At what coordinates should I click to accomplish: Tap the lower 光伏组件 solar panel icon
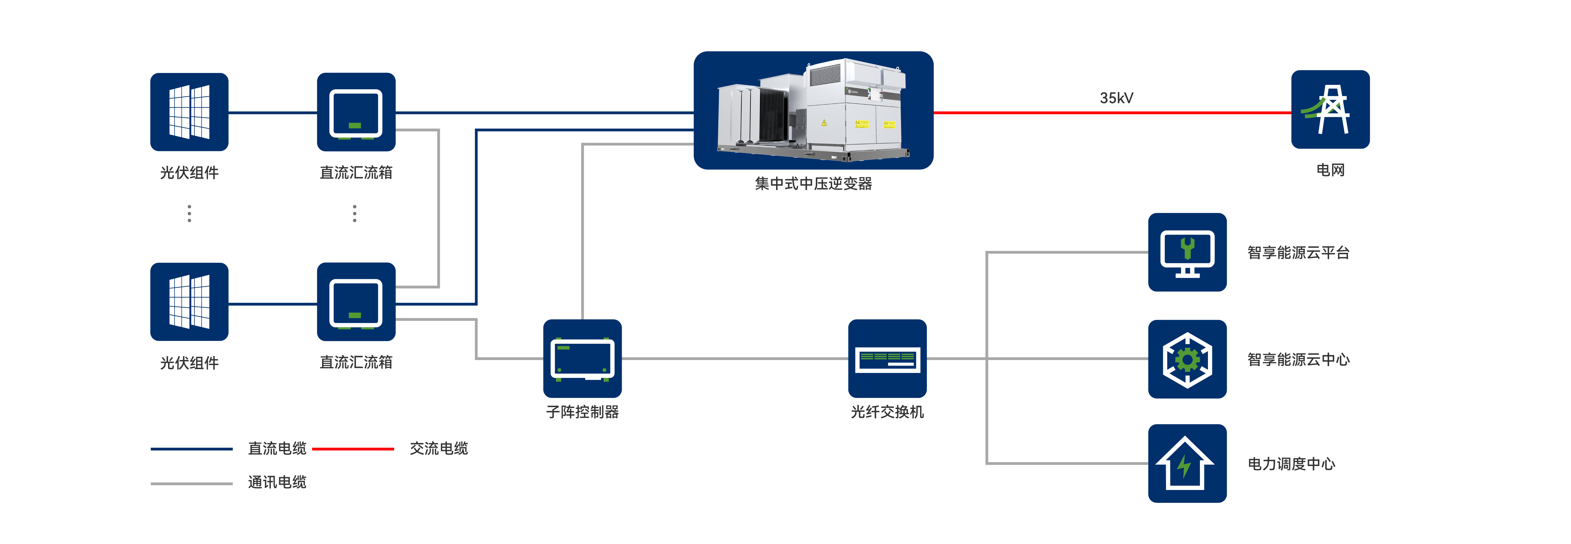[189, 302]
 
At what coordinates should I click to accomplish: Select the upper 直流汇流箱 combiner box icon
[356, 112]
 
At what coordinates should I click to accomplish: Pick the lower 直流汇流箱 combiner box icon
[356, 302]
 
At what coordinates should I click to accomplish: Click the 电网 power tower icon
[1330, 110]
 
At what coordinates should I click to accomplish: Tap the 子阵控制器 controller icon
[582, 359]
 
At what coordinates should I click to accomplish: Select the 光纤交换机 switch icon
[887, 359]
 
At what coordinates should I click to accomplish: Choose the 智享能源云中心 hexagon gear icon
[1187, 359]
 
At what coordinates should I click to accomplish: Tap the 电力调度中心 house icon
[1187, 463]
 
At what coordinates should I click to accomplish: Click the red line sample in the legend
[352, 449]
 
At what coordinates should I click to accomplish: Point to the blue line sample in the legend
[192, 449]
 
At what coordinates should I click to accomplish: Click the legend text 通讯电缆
[277, 483]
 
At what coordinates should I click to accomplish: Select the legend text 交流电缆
[438, 449]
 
